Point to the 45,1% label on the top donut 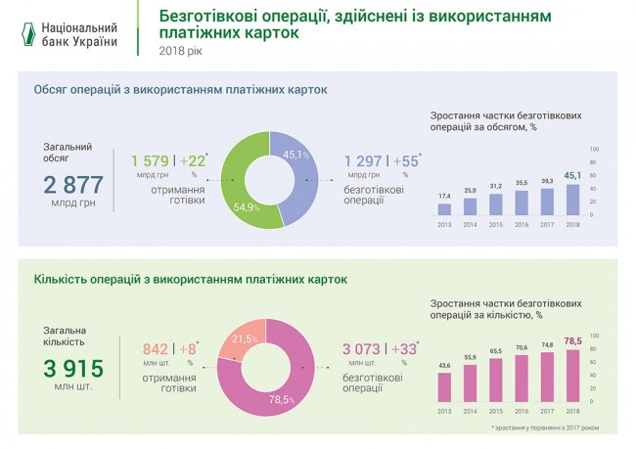click(295, 155)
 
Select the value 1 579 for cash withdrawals click(151, 160)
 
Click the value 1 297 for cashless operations click(364, 160)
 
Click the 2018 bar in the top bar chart click(572, 199)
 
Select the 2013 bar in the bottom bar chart click(444, 387)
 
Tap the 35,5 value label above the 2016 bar click(522, 182)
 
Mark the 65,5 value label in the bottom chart click(496, 350)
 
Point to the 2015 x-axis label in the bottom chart click(496, 411)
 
